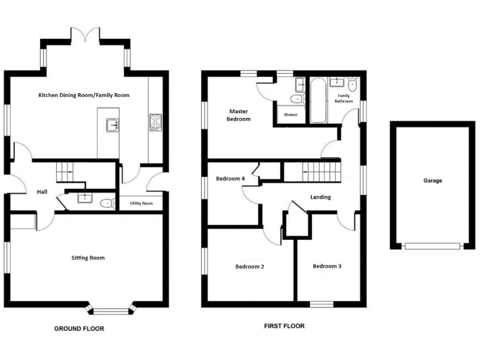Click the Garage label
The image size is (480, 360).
(432, 181)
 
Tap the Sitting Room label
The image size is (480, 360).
(88, 257)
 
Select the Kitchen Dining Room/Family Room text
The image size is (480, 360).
(84, 95)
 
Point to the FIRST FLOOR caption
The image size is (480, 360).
(284, 326)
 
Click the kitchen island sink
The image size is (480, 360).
(112, 125)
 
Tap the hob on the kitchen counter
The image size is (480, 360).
(155, 121)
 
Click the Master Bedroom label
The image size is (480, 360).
(239, 115)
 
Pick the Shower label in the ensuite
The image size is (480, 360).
(291, 115)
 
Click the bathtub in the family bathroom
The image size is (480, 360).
(317, 100)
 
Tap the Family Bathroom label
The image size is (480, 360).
(343, 98)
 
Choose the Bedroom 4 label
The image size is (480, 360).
(231, 179)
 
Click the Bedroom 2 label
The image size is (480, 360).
(249, 267)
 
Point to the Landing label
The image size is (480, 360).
(321, 197)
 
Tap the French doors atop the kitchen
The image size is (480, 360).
(84, 34)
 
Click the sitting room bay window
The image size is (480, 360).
(111, 308)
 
